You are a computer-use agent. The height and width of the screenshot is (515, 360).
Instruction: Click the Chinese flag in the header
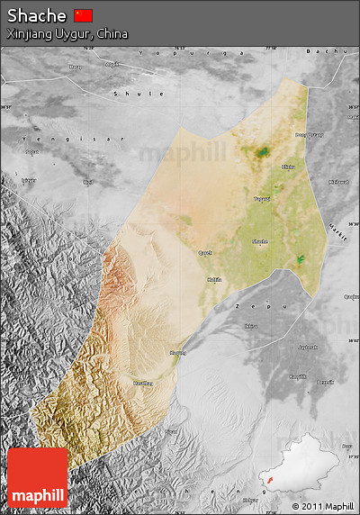pos(84,15)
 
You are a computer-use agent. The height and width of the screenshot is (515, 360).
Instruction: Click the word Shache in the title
pos(36,15)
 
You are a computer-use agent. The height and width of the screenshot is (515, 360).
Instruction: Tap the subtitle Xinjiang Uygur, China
pos(67,33)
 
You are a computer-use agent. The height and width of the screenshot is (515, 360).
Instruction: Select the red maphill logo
pos(38,477)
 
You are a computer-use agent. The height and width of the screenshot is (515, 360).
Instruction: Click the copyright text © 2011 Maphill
pos(323,507)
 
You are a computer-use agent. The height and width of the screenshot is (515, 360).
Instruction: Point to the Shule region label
pos(139,94)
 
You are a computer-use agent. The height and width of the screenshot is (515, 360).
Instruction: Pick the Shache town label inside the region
pos(259,241)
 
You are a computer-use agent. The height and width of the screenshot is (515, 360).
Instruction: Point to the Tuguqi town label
pos(262,199)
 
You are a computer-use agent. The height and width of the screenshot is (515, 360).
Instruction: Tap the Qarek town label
pos(205,253)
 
